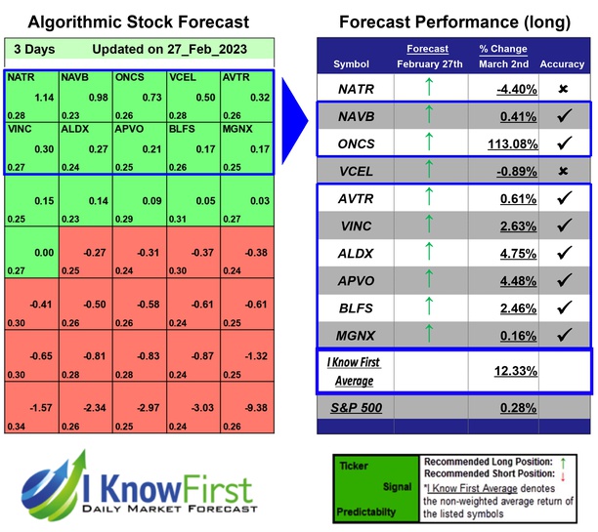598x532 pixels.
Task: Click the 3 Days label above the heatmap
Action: [x=34, y=49]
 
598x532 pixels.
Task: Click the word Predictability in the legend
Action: [x=365, y=510]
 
